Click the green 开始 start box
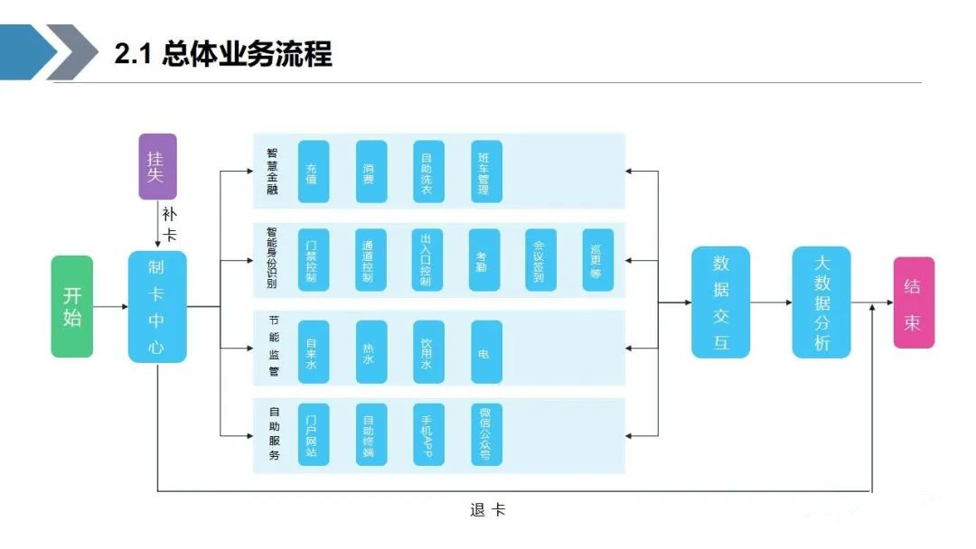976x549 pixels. point(72,306)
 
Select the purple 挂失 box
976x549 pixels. point(157,167)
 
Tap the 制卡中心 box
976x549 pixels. point(157,306)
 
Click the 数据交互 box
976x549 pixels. point(721,302)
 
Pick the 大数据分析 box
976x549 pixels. point(821,302)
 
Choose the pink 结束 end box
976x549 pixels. point(914,302)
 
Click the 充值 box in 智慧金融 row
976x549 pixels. point(314,172)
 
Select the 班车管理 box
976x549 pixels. point(487,172)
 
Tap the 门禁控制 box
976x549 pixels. point(314,260)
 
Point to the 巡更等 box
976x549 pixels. point(598,260)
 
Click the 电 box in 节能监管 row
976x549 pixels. point(487,352)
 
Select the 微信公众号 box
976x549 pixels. point(487,434)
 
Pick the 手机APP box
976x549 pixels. point(429,434)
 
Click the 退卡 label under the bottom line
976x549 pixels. point(487,510)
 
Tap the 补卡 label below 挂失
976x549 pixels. point(169,225)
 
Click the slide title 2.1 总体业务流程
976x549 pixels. point(223,53)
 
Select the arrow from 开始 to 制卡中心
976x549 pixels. point(111,306)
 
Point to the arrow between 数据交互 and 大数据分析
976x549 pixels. point(771,302)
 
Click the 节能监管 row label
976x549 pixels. point(274,346)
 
